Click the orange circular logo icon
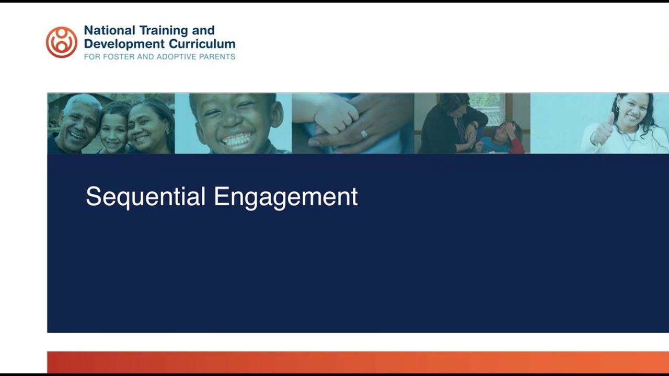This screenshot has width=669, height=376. pos(62,42)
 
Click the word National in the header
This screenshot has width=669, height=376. pos(109,30)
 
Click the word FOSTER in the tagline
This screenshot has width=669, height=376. pos(116,56)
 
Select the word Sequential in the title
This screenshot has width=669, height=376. pos(145,197)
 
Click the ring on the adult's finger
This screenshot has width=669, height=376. pos(364,134)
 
